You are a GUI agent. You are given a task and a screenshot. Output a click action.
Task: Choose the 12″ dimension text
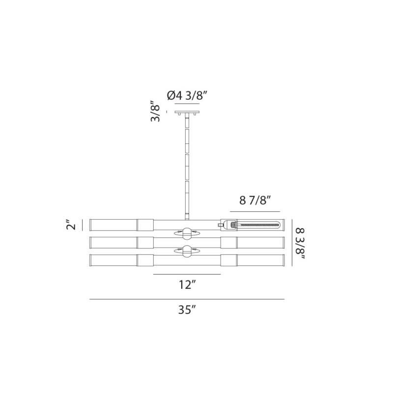pos(187,284)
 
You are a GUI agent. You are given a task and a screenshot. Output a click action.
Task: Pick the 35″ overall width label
pos(187,309)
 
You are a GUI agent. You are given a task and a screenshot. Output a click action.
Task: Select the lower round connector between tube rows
pos(187,251)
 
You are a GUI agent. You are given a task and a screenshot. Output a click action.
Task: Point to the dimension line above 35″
pos(187,299)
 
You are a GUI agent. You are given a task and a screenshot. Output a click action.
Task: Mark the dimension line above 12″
pos(187,274)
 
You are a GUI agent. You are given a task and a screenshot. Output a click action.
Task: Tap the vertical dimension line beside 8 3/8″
pos(293,242)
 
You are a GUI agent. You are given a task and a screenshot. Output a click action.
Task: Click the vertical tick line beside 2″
pos(83,225)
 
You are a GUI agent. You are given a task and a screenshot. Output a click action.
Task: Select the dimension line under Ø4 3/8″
pos(187,104)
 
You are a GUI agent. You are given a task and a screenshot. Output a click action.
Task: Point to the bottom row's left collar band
pos(145,259)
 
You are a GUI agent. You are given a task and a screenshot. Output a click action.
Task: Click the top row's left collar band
pos(145,225)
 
